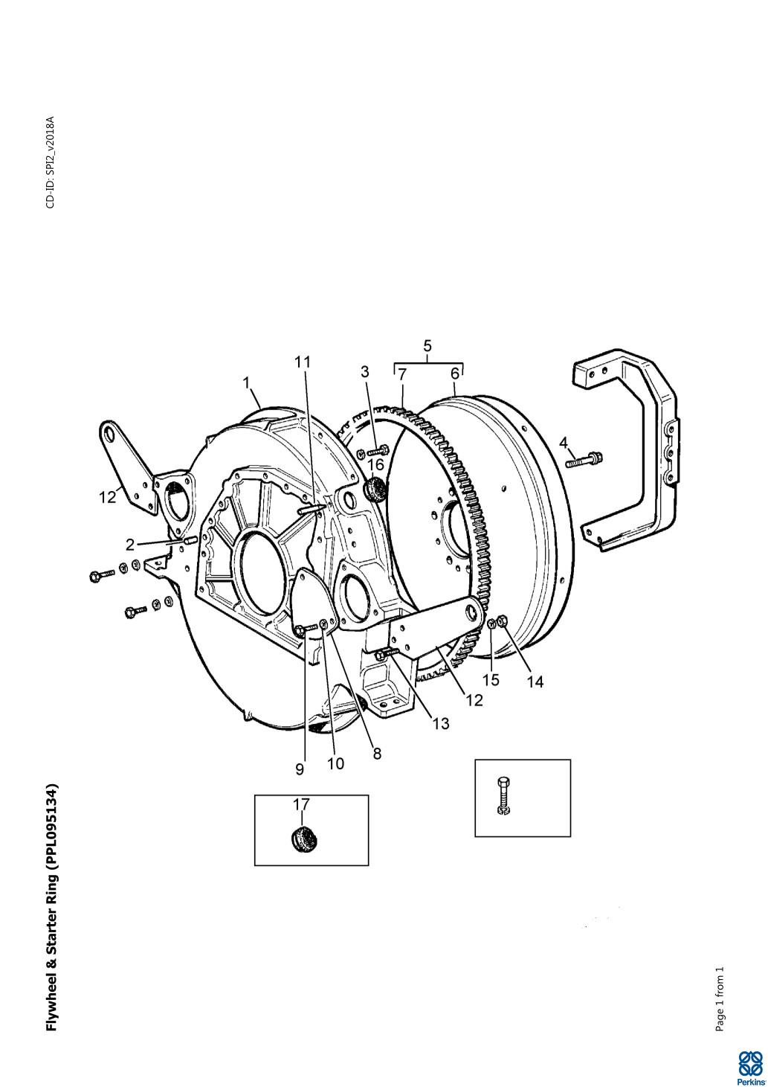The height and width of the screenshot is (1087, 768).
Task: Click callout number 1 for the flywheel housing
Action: [x=246, y=383]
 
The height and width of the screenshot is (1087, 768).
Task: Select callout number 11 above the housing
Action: [x=303, y=362]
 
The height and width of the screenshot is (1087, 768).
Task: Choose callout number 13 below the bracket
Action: [x=441, y=724]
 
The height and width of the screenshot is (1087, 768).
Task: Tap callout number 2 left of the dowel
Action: [x=130, y=545]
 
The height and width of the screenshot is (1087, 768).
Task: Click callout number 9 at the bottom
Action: [x=300, y=769]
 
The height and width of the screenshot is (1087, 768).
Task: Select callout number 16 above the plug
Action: [x=376, y=464]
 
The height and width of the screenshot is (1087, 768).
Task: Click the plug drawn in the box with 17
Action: [x=303, y=838]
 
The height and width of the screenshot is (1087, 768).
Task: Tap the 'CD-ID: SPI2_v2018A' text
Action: [x=51, y=162]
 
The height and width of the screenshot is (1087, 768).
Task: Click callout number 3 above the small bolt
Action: [x=364, y=372]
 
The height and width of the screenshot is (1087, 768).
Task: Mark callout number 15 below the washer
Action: [x=491, y=679]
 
